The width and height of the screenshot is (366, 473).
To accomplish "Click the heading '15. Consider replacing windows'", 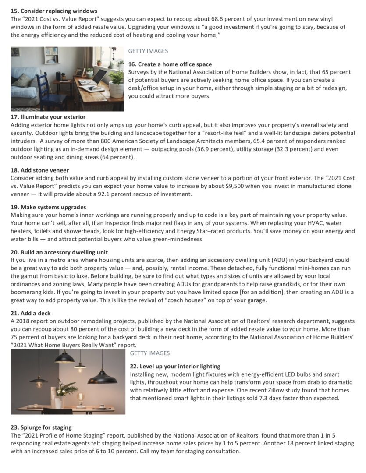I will point(54,11).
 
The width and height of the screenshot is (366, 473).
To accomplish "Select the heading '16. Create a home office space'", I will point(170,64).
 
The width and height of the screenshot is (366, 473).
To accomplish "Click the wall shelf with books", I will point(51,56).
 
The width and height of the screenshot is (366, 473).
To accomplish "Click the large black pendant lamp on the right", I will point(103,377).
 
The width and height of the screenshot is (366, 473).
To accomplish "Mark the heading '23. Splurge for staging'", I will point(41,427).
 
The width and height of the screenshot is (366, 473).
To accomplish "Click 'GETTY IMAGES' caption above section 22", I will point(149,353).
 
